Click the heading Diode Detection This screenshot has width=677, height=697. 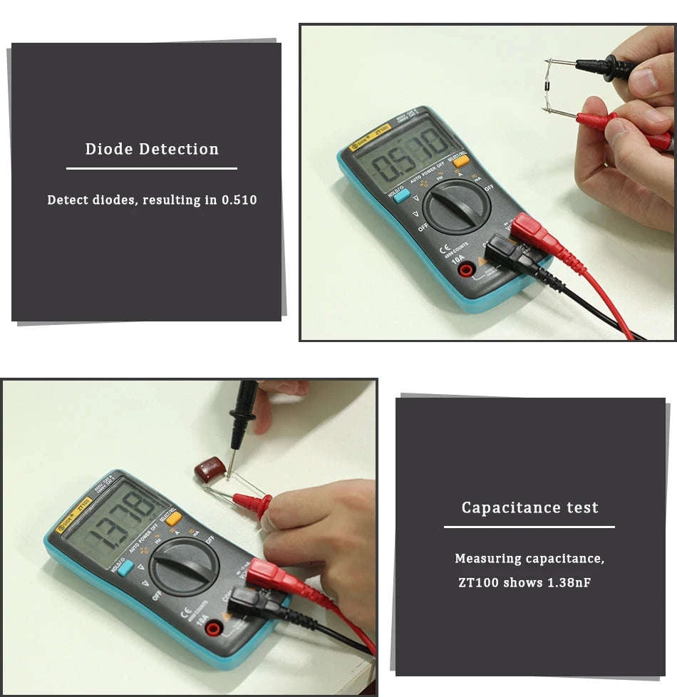[x=152, y=149]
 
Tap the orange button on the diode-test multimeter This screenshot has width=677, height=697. [x=461, y=161]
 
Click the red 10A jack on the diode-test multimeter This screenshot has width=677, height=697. [x=467, y=269]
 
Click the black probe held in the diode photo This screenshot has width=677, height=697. [x=606, y=67]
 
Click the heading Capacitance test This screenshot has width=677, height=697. [x=529, y=508]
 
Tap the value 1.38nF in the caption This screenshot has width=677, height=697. [x=569, y=583]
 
